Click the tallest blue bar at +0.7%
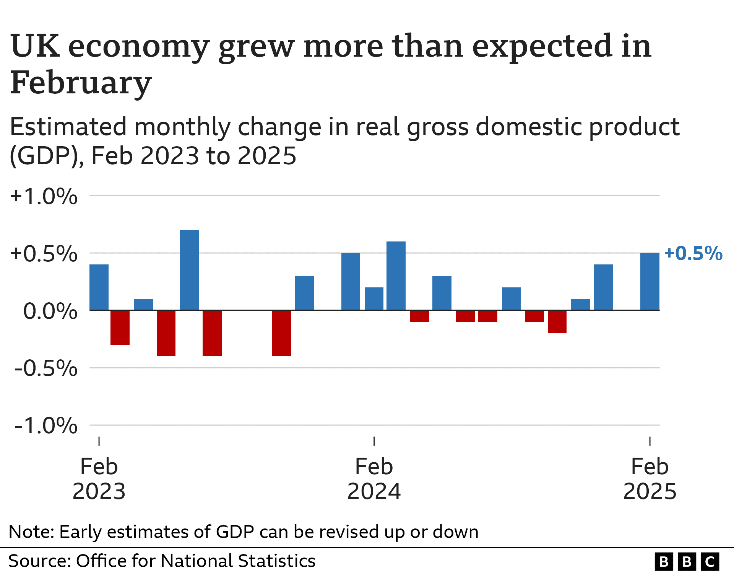189,270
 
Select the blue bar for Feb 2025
650,281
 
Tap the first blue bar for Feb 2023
99,287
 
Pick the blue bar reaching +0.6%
396,276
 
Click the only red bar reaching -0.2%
557,321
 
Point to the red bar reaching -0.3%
120,327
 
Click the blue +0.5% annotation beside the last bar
693,253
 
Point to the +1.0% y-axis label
44,196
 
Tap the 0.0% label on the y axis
50,311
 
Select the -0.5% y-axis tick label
46,369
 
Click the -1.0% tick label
46,426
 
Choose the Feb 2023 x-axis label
99,478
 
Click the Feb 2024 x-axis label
374,478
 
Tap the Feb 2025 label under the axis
650,478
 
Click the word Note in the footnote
30,532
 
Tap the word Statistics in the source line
276,561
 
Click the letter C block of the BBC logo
710,562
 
